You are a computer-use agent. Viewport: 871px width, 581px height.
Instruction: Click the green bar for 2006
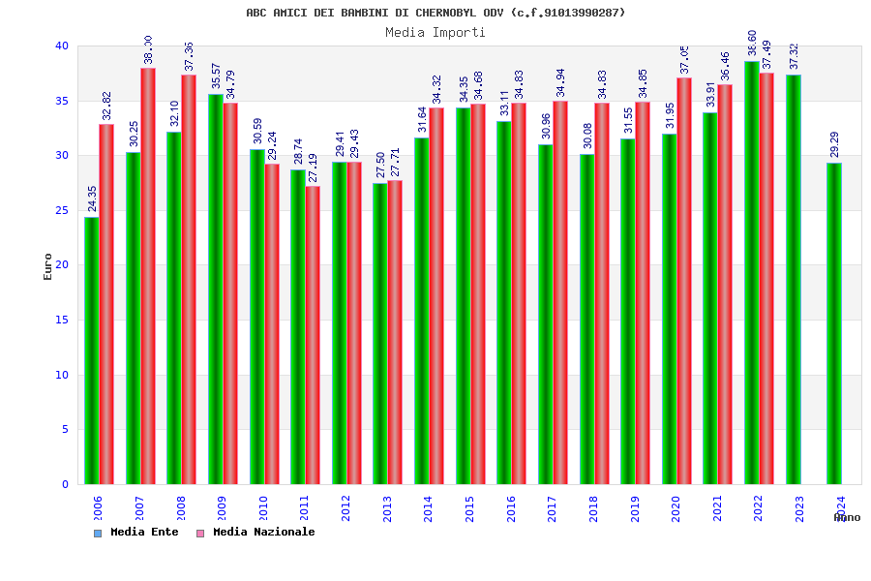pos(91,351)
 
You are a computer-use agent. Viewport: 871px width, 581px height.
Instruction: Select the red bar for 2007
pos(148,276)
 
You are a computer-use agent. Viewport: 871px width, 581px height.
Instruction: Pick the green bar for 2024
pos(834,323)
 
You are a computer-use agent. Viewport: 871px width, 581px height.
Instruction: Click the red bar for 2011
pos(313,335)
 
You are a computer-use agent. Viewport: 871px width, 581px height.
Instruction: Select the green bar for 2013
pos(379,333)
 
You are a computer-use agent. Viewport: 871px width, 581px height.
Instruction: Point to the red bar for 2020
pos(684,281)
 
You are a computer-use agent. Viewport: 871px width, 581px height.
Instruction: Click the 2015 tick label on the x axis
pos(469,509)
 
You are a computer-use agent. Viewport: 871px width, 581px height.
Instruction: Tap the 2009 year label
pos(222,509)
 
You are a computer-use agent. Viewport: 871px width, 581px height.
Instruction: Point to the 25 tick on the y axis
pos(62,210)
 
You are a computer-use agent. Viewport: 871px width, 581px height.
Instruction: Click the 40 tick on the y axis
pos(62,46)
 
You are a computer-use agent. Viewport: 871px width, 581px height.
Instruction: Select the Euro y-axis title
pos(48,266)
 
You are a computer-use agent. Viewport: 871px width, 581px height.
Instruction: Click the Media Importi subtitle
pos(435,32)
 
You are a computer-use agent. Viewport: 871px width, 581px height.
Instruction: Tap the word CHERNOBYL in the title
pos(452,13)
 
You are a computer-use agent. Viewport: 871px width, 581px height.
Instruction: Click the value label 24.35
pos(93,199)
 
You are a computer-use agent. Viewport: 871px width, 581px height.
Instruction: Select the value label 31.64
pos(422,120)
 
